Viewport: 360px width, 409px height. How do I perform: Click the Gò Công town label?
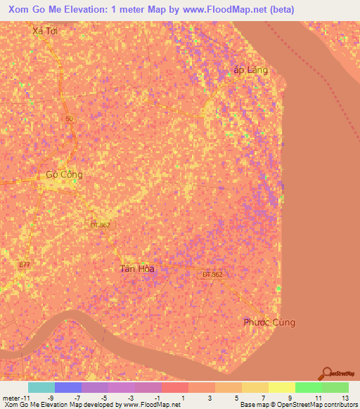point(64,174)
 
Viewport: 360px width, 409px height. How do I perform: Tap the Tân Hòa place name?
point(136,268)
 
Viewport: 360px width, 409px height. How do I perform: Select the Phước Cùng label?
point(269,323)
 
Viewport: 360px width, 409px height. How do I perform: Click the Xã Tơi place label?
point(44,31)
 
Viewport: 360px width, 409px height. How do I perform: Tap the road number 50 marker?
point(68,119)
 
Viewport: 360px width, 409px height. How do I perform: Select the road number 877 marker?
point(25,264)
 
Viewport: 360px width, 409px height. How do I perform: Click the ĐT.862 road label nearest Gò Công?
point(100,225)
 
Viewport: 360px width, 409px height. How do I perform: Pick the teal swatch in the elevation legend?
point(41,387)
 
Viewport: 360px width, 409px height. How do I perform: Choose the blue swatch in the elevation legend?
point(67,387)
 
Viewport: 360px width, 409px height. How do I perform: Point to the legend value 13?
point(344,398)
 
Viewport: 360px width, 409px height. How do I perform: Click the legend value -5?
point(103,398)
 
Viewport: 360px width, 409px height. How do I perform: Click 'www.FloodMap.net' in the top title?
point(229,9)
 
